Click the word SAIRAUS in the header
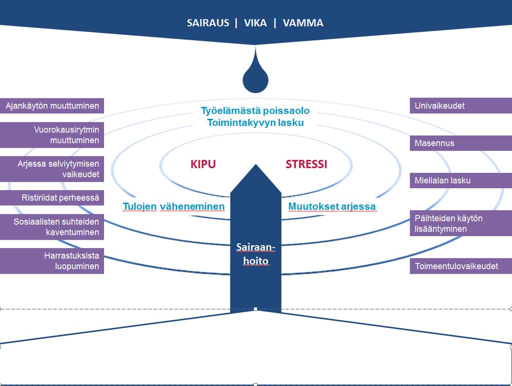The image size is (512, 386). pyautogui.click(x=208, y=23)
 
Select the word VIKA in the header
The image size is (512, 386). pyautogui.click(x=255, y=23)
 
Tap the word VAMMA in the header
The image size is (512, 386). pyautogui.click(x=303, y=23)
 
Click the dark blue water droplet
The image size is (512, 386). pyautogui.click(x=255, y=73)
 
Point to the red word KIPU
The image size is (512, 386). pyautogui.click(x=203, y=164)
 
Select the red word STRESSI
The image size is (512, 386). pyautogui.click(x=306, y=164)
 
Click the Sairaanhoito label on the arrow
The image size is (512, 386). pyautogui.click(x=255, y=254)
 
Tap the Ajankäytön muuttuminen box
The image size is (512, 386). pyautogui.click(x=52, y=106)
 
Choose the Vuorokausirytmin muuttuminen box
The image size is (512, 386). pyautogui.click(x=52, y=135)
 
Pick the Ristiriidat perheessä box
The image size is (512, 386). pyautogui.click(x=52, y=198)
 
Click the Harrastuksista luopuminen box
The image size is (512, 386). pyautogui.click(x=52, y=261)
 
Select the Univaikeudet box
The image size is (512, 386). pyautogui.click(x=460, y=106)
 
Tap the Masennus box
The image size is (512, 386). pyautogui.click(x=460, y=143)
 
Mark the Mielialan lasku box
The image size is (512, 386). pyautogui.click(x=460, y=181)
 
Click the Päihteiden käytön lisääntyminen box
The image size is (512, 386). pyautogui.click(x=460, y=223)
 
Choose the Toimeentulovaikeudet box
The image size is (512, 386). pyautogui.click(x=460, y=266)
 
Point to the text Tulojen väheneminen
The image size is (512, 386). pyautogui.click(x=173, y=206)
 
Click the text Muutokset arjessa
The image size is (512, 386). pyautogui.click(x=332, y=206)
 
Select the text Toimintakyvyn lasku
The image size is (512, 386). pyautogui.click(x=255, y=122)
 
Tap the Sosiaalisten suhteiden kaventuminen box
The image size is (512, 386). pyautogui.click(x=52, y=227)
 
